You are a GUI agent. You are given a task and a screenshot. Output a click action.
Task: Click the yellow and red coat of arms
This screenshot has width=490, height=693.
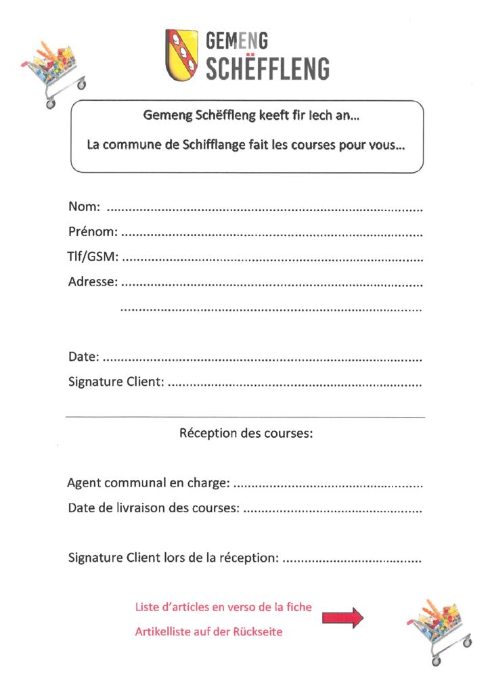click(181, 53)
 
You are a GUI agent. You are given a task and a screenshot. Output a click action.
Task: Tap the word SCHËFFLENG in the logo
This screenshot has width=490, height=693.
click(267, 69)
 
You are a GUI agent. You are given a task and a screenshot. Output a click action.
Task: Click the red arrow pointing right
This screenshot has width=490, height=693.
click(342, 617)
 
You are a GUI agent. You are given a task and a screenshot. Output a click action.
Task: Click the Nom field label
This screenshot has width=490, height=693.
click(84, 206)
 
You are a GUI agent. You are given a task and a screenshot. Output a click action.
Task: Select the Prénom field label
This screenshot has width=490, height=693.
click(93, 232)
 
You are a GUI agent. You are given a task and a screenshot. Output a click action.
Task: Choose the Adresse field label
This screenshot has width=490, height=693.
click(93, 282)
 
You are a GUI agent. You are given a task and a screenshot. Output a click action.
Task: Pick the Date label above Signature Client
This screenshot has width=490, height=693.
click(83, 356)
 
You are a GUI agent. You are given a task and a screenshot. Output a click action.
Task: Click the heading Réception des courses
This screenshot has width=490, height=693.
click(246, 432)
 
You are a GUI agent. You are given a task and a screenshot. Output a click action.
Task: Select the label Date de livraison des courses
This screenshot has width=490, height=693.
click(153, 508)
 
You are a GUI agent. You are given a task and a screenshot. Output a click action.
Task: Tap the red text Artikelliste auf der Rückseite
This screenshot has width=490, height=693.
click(208, 632)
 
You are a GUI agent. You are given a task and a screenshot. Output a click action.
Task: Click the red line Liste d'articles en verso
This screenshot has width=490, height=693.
click(223, 607)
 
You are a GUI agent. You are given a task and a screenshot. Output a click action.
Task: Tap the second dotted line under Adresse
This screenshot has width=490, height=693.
click(271, 309)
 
